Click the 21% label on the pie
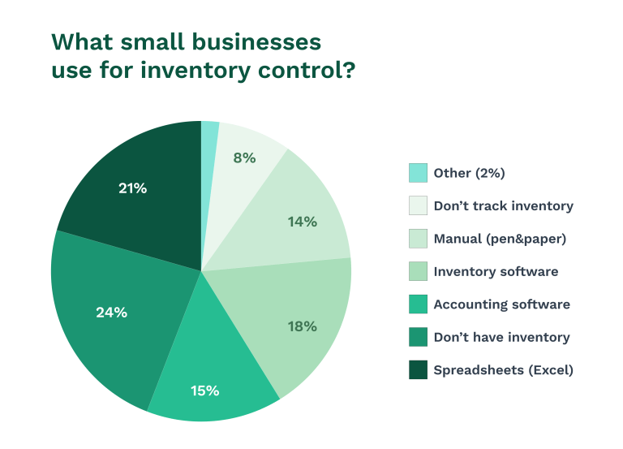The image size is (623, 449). (131, 188)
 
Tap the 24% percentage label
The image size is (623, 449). (111, 312)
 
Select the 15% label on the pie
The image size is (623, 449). (204, 391)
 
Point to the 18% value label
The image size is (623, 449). (302, 326)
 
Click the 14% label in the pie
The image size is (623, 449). (302, 221)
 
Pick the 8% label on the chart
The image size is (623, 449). (244, 158)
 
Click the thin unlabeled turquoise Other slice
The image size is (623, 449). (209, 134)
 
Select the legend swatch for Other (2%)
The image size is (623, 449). (418, 173)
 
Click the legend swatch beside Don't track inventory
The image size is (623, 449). (418, 205)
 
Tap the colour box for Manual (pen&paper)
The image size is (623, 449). (418, 239)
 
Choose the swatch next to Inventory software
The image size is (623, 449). (418, 271)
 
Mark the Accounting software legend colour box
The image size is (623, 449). (418, 304)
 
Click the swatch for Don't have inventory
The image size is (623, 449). (418, 337)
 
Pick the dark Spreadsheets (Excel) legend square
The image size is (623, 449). (418, 370)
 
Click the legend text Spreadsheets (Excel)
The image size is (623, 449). (503, 370)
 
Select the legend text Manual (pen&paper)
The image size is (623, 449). (500, 239)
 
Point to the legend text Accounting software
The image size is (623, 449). (501, 304)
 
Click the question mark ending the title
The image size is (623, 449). (347, 70)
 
